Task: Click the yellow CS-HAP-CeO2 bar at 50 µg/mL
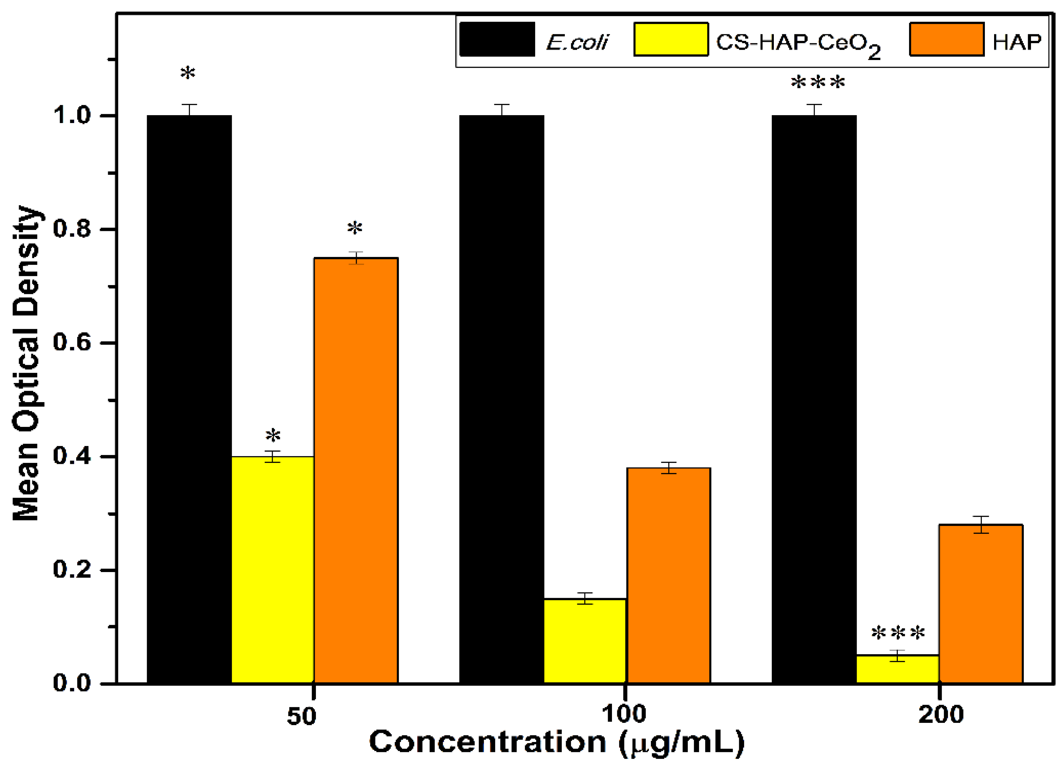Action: coord(273,570)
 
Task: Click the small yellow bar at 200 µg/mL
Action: coord(897,669)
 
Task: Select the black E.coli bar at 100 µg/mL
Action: coord(501,399)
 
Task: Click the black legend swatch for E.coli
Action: coord(497,39)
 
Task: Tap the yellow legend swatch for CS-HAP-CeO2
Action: coord(671,39)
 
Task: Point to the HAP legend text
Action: coord(1017,42)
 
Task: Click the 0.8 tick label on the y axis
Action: coord(71,229)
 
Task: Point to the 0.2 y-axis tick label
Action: coord(71,570)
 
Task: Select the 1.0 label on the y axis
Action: coord(71,115)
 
